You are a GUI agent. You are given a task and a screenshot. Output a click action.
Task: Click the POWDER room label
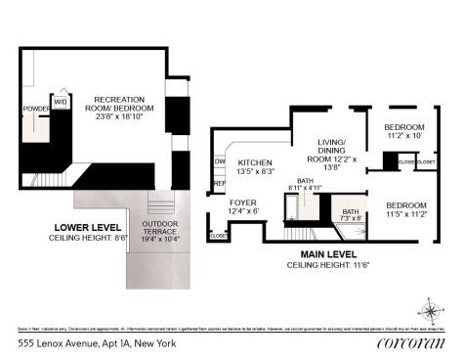pyautogui.click(x=35, y=108)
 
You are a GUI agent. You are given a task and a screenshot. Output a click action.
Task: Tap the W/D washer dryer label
pyautogui.click(x=60, y=102)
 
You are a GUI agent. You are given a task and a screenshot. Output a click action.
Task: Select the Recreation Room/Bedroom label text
pyautogui.click(x=120, y=105)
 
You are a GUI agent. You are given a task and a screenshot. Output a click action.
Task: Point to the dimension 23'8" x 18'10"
pyautogui.click(x=120, y=116)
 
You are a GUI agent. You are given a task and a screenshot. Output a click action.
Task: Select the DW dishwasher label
pyautogui.click(x=220, y=162)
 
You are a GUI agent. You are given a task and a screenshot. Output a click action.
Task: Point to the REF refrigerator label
pyautogui.click(x=219, y=182)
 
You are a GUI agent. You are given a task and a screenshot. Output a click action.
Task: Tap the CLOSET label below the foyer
pyautogui.click(x=218, y=235)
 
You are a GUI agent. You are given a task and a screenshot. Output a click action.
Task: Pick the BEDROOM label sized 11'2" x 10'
pyautogui.click(x=402, y=128)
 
